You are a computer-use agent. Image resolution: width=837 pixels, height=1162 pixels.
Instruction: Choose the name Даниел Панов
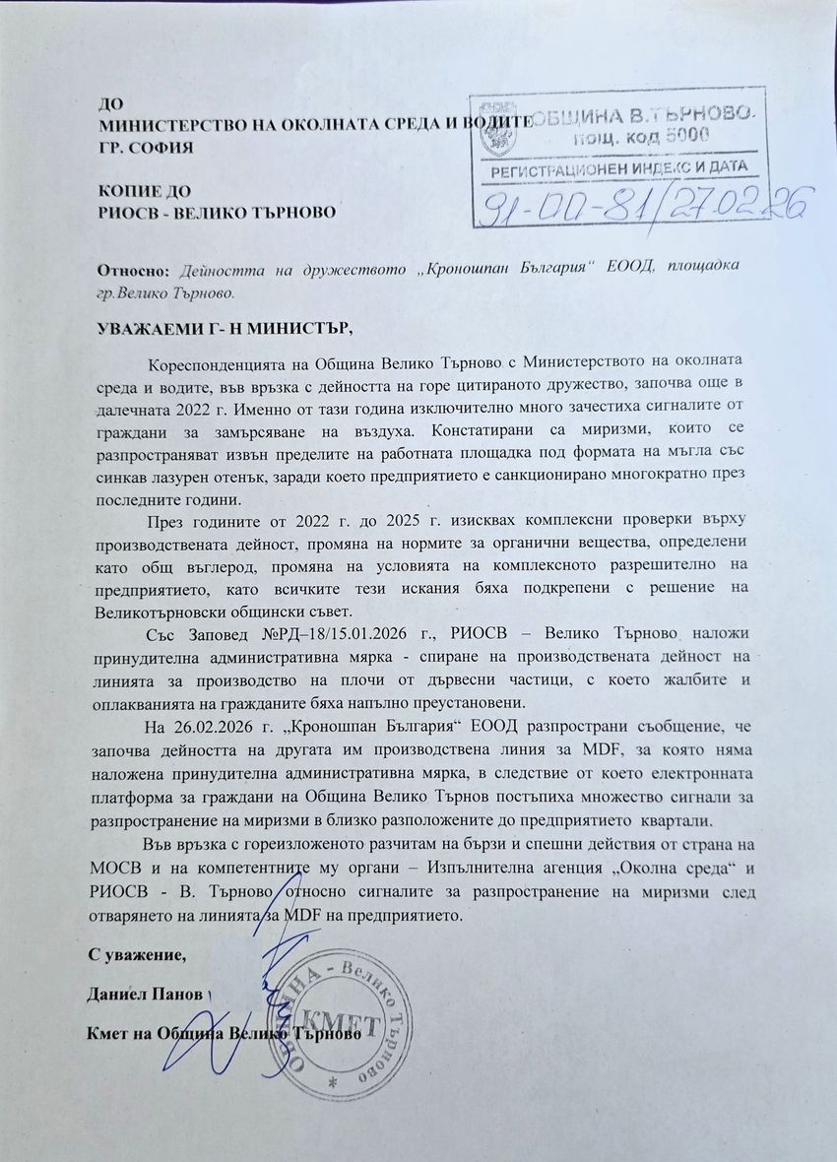(144, 992)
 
